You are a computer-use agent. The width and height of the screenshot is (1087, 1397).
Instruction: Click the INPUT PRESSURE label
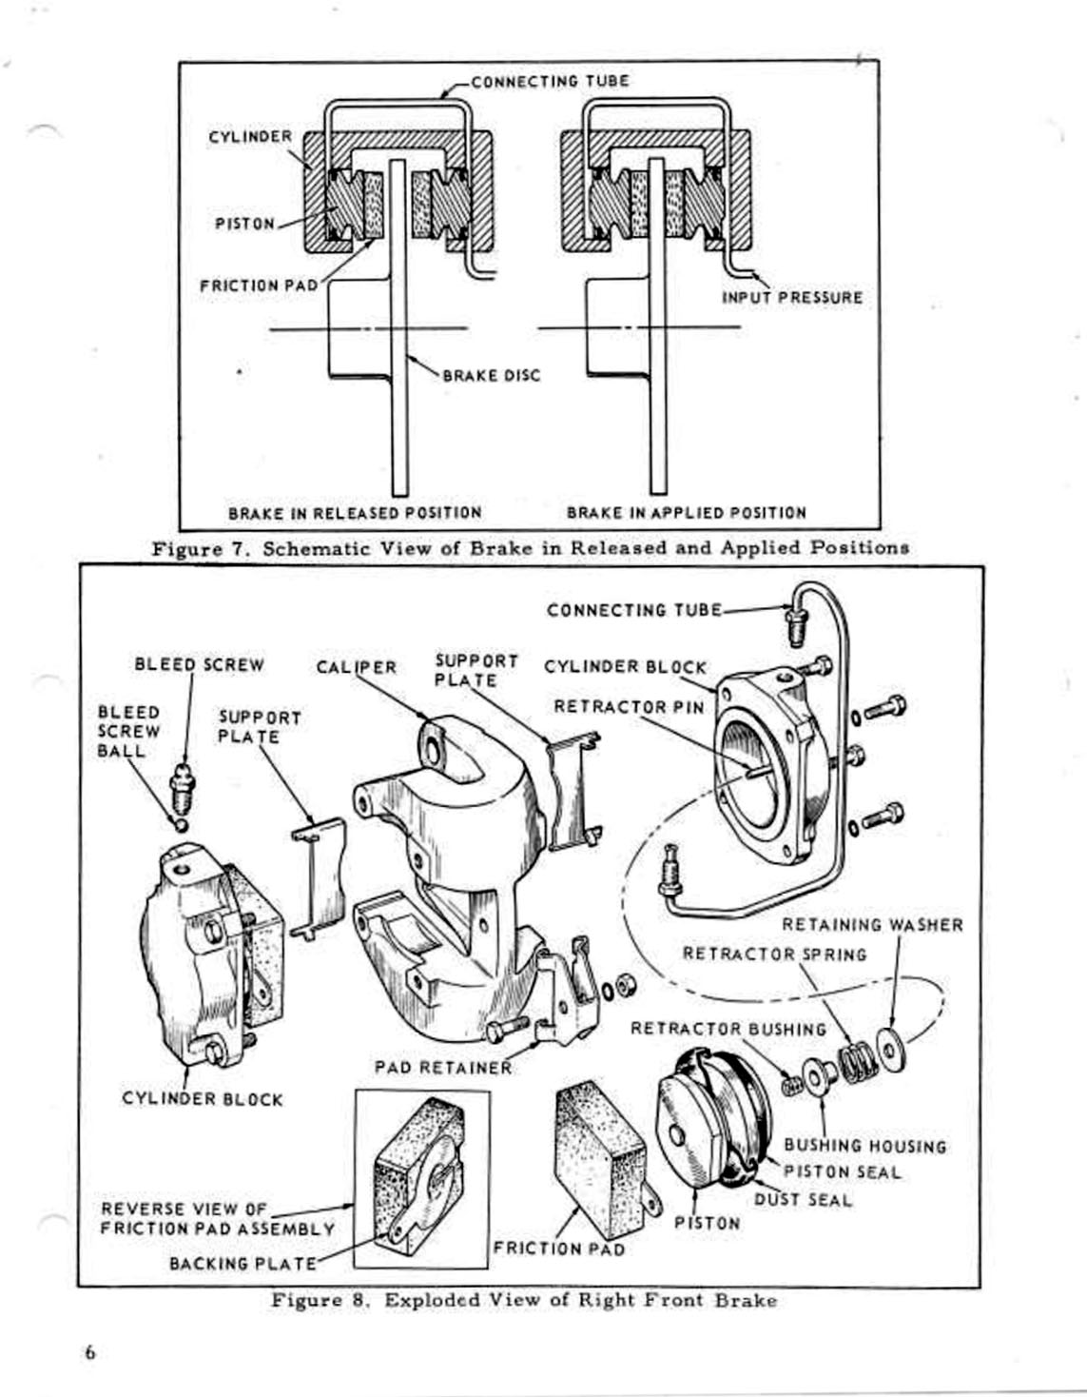[791, 298]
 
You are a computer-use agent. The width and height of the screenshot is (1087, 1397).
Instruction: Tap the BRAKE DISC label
[491, 376]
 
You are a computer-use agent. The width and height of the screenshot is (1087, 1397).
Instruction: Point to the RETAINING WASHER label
[872, 925]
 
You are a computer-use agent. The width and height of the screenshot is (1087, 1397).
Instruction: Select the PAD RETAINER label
[442, 1067]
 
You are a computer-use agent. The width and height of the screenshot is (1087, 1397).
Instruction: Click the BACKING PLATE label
[243, 1264]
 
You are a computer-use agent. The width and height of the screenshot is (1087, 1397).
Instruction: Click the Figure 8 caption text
[524, 1300]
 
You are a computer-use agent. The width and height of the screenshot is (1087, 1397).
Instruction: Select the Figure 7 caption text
[530, 548]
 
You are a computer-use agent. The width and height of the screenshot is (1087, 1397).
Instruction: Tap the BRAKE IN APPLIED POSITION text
[686, 513]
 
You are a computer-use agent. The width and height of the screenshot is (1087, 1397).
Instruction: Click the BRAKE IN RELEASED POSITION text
[355, 513]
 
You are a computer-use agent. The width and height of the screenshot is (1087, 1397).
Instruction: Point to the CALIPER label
[356, 667]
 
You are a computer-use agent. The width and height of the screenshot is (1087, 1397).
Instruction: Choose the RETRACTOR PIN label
[629, 707]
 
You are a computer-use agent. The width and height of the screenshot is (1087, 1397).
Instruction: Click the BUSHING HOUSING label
[864, 1147]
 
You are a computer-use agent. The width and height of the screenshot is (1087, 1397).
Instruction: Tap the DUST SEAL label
[803, 1200]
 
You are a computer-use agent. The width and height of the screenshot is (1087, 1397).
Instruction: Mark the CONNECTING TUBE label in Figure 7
[550, 81]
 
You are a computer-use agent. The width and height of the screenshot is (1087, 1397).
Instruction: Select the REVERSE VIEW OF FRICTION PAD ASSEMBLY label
[217, 1219]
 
